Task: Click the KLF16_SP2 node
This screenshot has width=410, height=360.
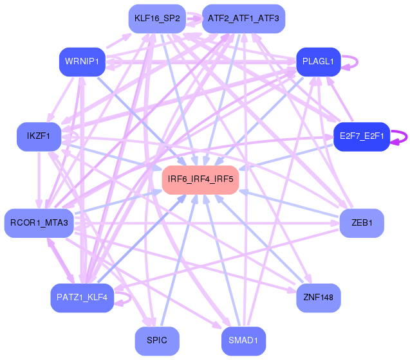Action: pos(157,19)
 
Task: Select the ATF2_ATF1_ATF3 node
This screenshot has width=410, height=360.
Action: pos(243,19)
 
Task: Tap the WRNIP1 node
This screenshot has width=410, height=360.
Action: pos(82,62)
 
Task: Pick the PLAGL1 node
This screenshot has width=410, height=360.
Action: pos(318,62)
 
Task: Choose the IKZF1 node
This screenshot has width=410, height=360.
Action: pos(39,137)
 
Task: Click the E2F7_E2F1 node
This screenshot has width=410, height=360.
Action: pos(362,137)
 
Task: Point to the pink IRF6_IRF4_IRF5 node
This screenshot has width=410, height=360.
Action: pos(200,180)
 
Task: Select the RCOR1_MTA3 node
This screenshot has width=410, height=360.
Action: pos(39,223)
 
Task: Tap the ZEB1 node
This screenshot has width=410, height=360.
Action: pos(362,223)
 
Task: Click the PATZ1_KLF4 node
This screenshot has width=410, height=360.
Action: pos(82,298)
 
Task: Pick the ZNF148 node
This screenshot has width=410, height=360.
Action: pos(318,298)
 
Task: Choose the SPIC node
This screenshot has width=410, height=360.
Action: pos(157,341)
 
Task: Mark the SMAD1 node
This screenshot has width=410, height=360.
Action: pos(243,341)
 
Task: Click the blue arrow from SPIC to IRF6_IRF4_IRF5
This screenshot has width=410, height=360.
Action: pos(178,260)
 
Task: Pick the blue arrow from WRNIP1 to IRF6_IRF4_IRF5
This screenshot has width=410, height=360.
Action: pos(141,121)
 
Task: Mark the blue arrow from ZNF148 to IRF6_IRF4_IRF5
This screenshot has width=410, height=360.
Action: pos(259,239)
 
